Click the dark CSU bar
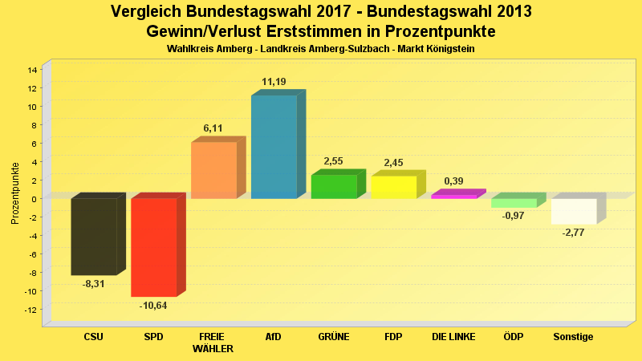point(94,237)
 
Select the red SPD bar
point(153,247)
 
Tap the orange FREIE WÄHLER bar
point(213,170)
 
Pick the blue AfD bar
point(274,147)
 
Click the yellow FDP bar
point(393,187)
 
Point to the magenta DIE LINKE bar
point(454,196)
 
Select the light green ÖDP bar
point(514,203)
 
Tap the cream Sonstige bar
point(574,211)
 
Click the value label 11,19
point(274,82)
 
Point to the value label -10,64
point(153,305)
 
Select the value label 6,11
point(213,128)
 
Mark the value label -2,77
point(574,232)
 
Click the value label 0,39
point(453,181)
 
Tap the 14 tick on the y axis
point(32,70)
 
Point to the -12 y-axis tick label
point(30,310)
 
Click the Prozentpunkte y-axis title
point(15,193)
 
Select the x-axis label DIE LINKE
point(453,337)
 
